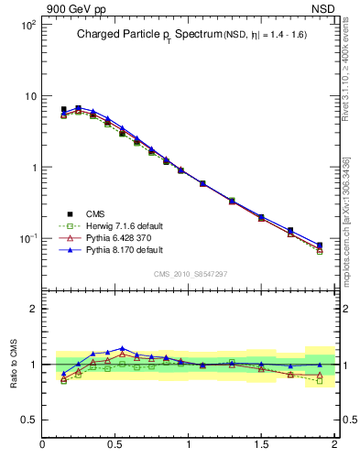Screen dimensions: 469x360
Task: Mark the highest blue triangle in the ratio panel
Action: [122, 348]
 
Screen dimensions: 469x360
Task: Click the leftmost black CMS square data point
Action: [63, 109]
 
